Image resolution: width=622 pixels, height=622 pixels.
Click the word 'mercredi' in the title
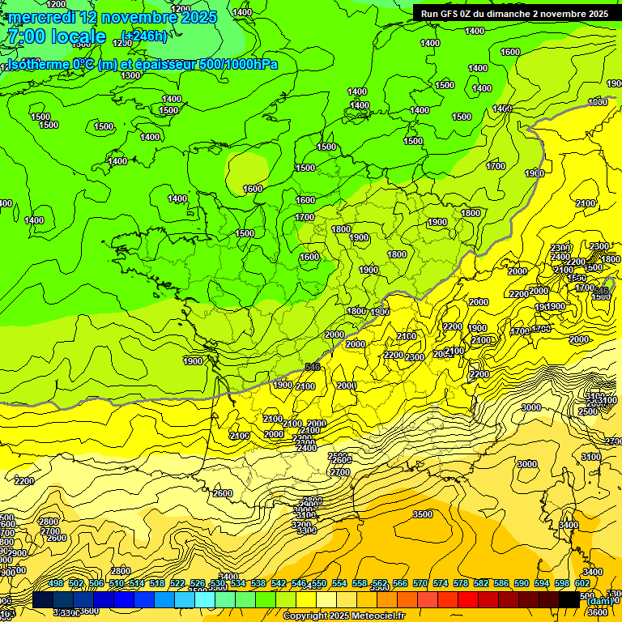coord(40,17)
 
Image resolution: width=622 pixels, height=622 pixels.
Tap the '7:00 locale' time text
coord(56,36)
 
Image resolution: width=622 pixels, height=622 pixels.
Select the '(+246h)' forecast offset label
coord(143,36)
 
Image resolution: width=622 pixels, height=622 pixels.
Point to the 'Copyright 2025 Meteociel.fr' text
coord(343,616)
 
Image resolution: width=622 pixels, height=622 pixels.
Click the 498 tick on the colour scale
coord(56,583)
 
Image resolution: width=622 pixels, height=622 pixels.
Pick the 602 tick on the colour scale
coord(582,583)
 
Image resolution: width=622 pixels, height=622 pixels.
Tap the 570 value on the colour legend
coord(420,583)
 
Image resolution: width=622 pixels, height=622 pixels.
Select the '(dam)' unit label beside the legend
coord(600,601)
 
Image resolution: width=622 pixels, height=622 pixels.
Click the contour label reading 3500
coord(422,514)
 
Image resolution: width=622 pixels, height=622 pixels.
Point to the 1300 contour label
coord(130,75)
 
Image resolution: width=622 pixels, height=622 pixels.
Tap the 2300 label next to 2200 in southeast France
coord(415,357)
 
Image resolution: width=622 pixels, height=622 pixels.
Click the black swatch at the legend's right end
coord(569,600)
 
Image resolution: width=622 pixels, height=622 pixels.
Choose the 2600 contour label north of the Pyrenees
coord(223,493)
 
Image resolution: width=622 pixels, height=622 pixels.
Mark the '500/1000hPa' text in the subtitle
coord(238,65)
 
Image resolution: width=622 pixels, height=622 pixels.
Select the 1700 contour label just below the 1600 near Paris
coord(305,217)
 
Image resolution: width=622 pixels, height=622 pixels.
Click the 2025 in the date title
coord(194,17)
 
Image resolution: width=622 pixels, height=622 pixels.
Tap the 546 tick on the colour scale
coord(299,583)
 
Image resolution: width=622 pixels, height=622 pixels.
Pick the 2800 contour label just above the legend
coord(121,571)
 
